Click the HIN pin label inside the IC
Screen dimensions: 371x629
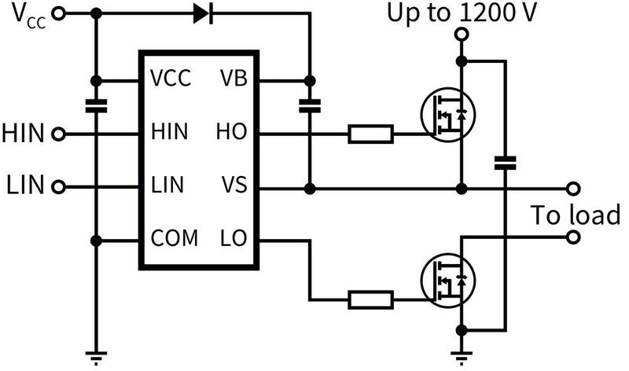click(169, 134)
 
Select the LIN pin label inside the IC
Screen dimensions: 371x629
click(167, 186)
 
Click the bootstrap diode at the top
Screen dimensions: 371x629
click(202, 13)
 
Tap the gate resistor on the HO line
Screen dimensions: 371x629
click(370, 135)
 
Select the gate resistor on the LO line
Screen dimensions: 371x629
click(370, 299)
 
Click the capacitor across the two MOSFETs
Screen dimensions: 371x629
click(505, 163)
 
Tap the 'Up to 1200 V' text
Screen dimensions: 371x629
click(462, 13)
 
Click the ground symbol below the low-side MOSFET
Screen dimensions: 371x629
click(462, 357)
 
